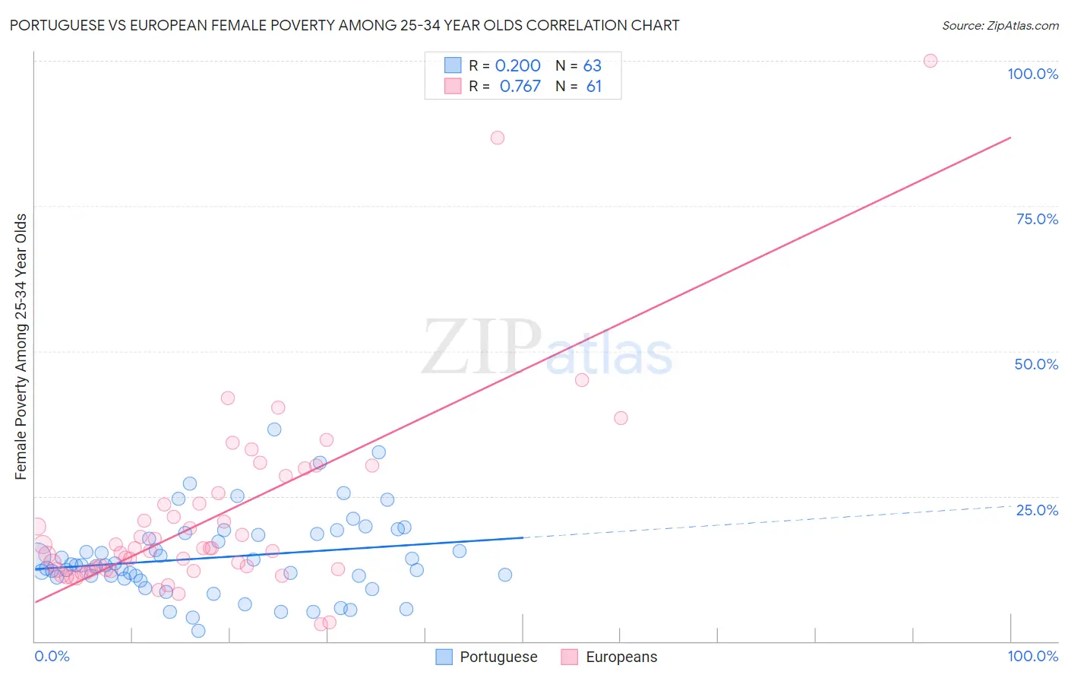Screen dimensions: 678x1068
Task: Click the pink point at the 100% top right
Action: click(930, 61)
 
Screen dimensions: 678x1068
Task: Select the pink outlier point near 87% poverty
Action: click(498, 138)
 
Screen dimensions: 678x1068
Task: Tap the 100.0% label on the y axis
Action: click(1032, 74)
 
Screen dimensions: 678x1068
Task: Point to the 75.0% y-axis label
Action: click(1037, 219)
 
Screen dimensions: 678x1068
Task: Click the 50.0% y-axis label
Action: click(1036, 364)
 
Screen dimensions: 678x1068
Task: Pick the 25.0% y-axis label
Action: click(1037, 509)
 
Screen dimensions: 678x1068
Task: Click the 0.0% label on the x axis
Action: click(52, 656)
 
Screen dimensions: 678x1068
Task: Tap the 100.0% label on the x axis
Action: click(1032, 656)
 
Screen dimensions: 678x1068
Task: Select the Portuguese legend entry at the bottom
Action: click(487, 657)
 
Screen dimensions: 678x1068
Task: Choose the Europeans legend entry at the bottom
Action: click(609, 657)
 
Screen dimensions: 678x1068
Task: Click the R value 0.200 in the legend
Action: click(517, 66)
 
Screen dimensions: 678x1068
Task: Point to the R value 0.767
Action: click(520, 87)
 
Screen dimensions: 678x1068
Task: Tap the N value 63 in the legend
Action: click(592, 66)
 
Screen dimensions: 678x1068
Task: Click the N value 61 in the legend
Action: click(593, 87)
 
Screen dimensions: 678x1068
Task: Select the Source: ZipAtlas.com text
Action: click(1000, 25)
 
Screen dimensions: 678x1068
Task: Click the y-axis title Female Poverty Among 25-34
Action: click(21, 347)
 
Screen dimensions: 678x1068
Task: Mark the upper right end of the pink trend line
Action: click(1010, 138)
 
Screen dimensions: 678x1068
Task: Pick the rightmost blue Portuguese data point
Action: click(505, 575)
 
